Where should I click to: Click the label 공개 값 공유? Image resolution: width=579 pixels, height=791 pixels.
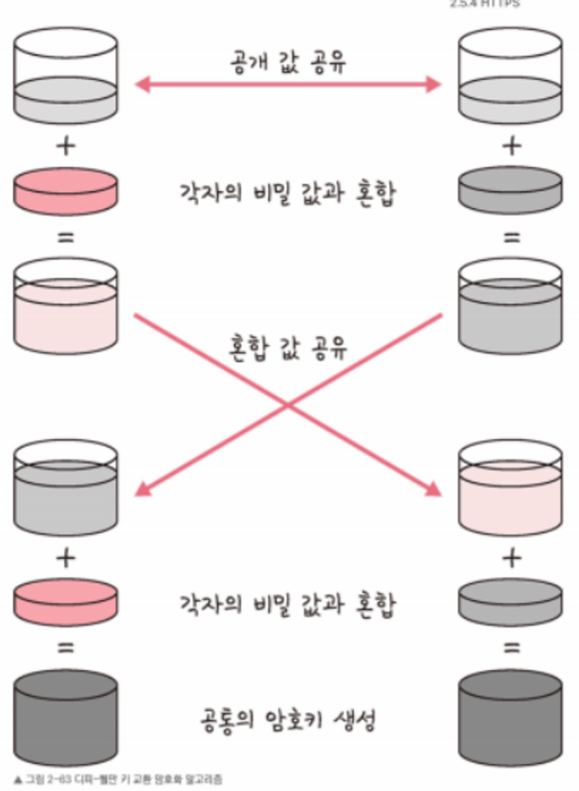[288, 62]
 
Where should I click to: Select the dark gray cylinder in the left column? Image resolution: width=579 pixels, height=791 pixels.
[65, 718]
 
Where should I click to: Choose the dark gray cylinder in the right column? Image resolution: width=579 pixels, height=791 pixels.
[511, 718]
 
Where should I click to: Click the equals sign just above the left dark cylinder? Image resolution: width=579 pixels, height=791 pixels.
[65, 648]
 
